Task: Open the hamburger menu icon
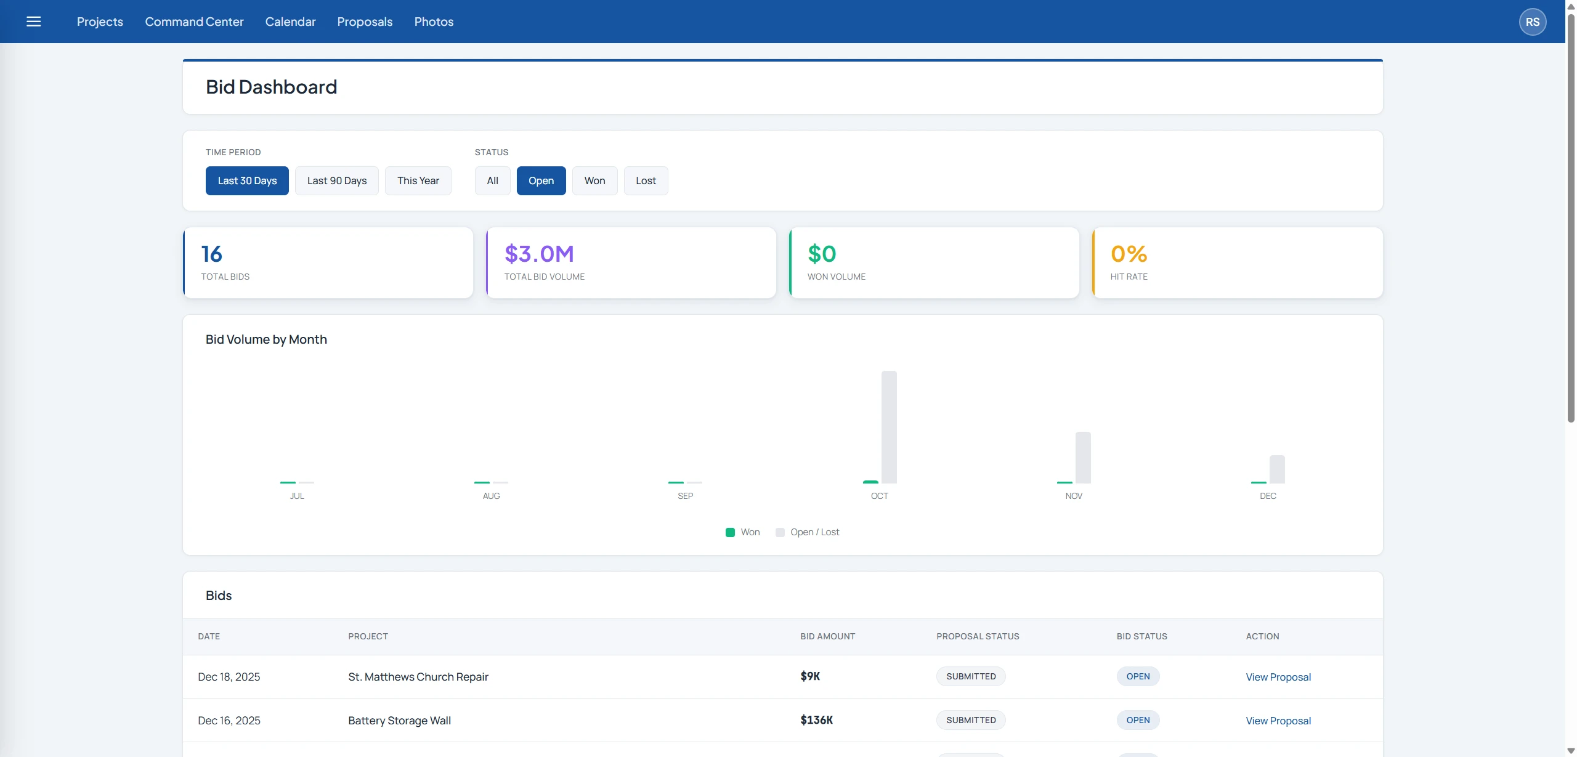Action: click(x=34, y=22)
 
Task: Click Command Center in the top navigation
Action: click(x=194, y=22)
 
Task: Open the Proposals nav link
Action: click(x=365, y=22)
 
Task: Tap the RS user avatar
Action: click(x=1532, y=22)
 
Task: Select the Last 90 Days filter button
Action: click(x=337, y=180)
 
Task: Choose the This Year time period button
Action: click(x=418, y=180)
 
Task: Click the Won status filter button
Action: click(x=594, y=180)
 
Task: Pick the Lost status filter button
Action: click(x=646, y=180)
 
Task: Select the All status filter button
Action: click(x=492, y=180)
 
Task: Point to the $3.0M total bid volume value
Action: click(x=539, y=254)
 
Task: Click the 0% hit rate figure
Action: click(x=1129, y=254)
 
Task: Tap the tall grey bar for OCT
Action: click(x=889, y=427)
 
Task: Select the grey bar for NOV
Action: click(x=1083, y=458)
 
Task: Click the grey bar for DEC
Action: click(x=1277, y=469)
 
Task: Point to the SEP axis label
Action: click(x=685, y=496)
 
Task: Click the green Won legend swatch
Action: click(x=730, y=532)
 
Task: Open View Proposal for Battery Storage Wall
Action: click(x=1278, y=721)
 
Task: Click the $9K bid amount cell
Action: click(x=810, y=676)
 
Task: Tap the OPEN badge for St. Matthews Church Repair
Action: click(x=1138, y=676)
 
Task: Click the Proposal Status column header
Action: click(x=978, y=636)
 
